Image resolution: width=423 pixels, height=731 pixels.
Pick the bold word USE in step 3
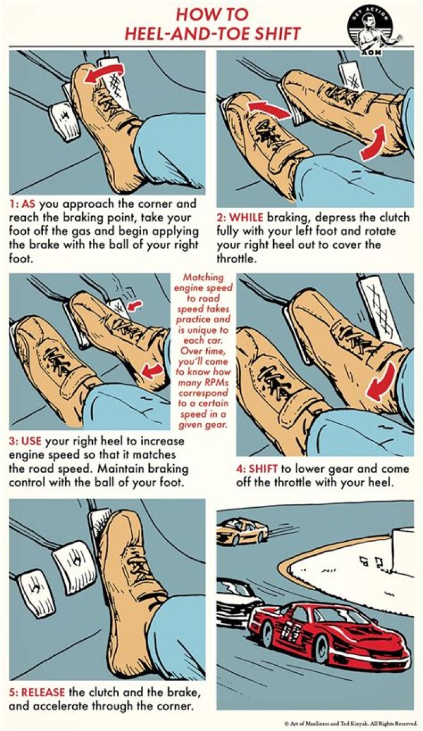(x=31, y=441)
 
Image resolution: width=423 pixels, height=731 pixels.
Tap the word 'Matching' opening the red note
(x=203, y=277)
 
